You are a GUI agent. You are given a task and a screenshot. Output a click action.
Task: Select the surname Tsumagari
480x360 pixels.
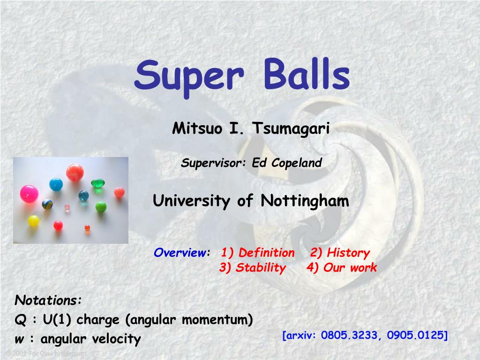click(292, 128)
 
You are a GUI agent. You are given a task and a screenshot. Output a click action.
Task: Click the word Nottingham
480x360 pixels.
click(305, 201)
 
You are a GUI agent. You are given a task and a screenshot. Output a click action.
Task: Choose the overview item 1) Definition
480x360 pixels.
click(258, 253)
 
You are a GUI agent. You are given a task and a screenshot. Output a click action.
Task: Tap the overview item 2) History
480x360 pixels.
click(340, 253)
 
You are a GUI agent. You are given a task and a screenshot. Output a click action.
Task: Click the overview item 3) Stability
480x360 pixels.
click(252, 268)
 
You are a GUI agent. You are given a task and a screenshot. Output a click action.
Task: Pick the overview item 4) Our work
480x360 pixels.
click(342, 268)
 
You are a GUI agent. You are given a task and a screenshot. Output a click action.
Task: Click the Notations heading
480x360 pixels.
click(48, 300)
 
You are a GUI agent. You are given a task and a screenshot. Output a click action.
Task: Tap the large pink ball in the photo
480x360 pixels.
click(29, 193)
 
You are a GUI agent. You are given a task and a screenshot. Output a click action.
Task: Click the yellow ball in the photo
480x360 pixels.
click(33, 221)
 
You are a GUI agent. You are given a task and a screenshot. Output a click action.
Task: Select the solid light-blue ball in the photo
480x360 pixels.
click(56, 184)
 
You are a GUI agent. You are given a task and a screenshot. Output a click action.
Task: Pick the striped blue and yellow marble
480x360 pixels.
click(47, 204)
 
